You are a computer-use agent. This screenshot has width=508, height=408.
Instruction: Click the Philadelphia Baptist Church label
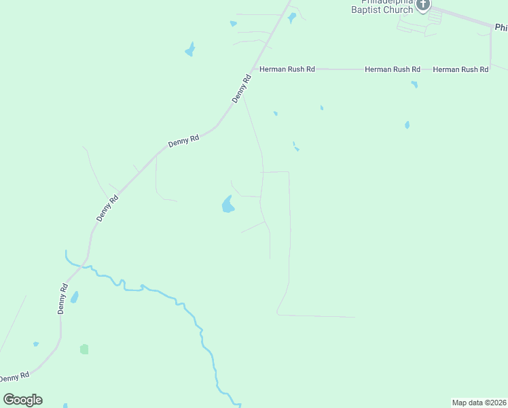(x=382, y=7)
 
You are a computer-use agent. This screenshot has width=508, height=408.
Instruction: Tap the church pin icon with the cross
(x=423, y=5)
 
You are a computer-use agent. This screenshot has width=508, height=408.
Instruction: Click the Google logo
(x=22, y=400)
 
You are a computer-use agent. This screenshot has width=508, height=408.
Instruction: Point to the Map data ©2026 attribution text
(x=479, y=403)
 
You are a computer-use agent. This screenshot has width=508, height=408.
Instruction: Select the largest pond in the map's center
(x=228, y=205)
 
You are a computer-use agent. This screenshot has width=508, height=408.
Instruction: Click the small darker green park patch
(x=84, y=350)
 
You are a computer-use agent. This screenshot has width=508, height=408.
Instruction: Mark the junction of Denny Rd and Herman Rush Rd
(x=253, y=69)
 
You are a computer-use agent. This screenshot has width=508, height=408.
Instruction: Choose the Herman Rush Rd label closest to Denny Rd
(x=287, y=69)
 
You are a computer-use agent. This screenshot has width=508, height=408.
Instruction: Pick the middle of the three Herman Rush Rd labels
(x=393, y=69)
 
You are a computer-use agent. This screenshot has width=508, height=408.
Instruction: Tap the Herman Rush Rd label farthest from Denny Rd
(x=460, y=69)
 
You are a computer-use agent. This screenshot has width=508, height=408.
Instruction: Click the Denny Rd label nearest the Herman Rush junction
(x=241, y=88)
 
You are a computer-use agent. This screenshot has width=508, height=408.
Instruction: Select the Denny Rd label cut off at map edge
(x=14, y=377)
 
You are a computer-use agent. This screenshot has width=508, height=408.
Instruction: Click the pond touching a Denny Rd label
(x=75, y=297)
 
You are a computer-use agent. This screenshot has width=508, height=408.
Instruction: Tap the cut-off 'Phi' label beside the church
(x=501, y=28)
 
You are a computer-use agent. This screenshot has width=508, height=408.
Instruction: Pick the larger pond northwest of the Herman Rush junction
(x=190, y=50)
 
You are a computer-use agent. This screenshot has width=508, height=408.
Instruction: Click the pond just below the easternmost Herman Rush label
(x=414, y=84)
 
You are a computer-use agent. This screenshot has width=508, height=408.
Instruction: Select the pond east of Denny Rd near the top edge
(x=292, y=18)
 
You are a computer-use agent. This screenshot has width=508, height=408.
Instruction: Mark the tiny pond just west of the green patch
(x=36, y=344)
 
